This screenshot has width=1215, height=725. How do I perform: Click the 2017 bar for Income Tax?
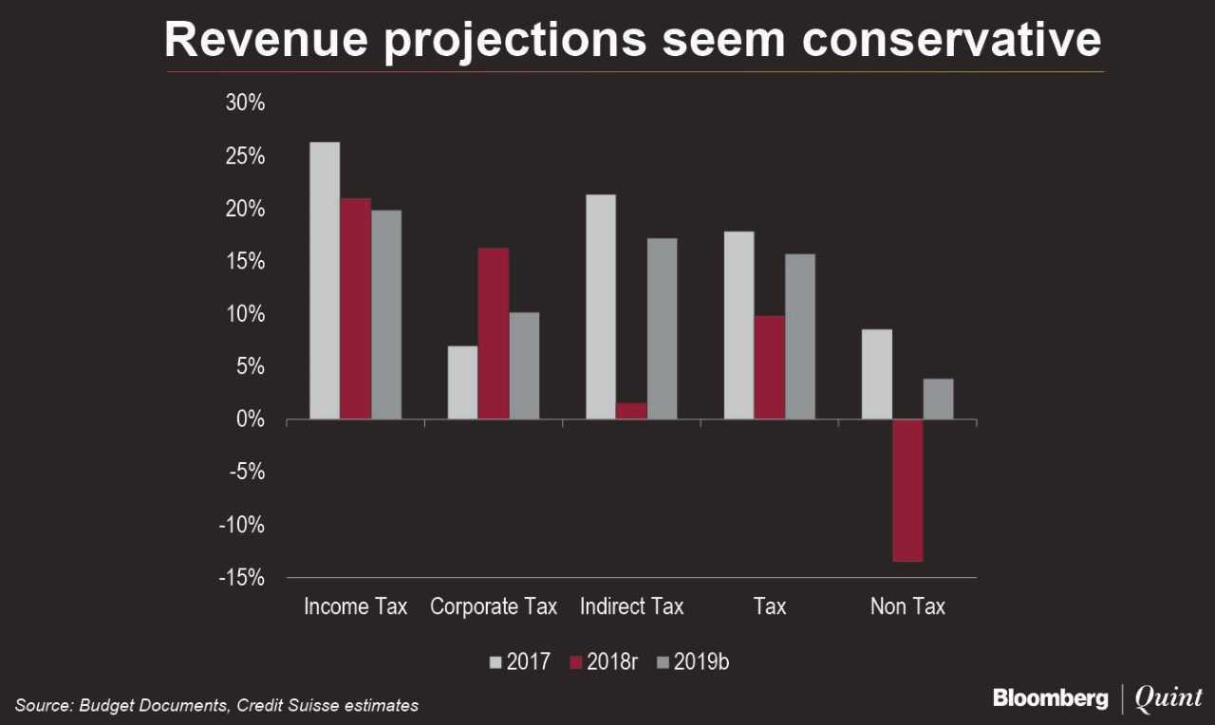click(x=325, y=281)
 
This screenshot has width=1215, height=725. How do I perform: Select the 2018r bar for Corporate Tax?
click(x=494, y=333)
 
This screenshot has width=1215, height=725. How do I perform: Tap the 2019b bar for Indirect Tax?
click(x=662, y=328)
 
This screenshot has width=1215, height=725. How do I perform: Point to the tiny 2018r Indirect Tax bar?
click(x=631, y=411)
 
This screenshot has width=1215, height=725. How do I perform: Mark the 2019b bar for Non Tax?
click(x=938, y=400)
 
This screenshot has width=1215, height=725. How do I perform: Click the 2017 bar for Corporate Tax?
click(x=463, y=382)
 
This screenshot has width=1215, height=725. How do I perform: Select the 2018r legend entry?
click(x=603, y=662)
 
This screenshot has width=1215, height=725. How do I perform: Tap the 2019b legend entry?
click(x=692, y=662)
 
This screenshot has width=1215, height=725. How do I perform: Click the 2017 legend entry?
click(x=519, y=662)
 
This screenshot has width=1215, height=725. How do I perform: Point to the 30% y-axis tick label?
click(x=245, y=103)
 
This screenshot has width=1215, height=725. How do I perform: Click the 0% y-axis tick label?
click(x=251, y=419)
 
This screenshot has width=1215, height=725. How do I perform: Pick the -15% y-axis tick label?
click(x=241, y=578)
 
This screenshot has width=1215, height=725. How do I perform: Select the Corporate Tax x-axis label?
click(x=494, y=606)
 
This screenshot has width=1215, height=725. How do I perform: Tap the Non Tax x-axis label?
click(x=907, y=606)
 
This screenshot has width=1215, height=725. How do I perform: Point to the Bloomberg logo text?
click(x=1050, y=699)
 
